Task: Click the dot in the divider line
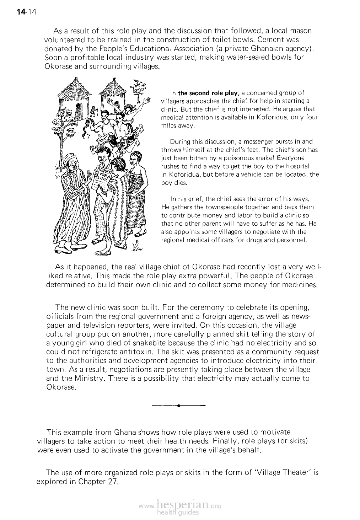tap(179, 405)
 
